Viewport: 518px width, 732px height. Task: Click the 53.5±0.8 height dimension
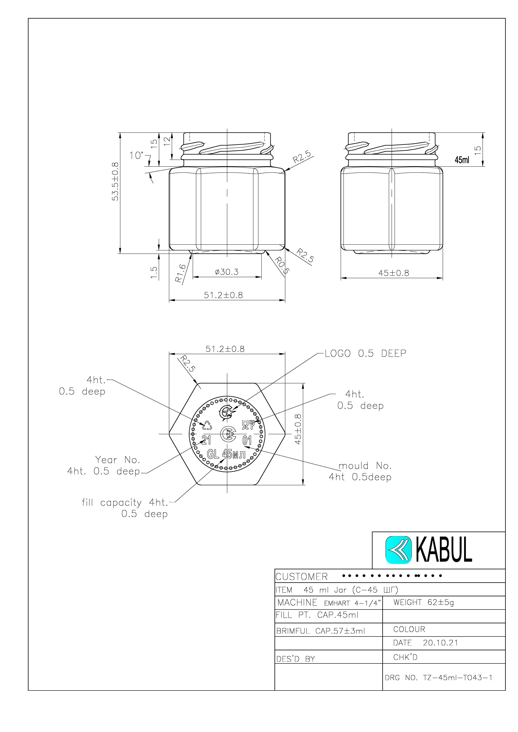click(115, 181)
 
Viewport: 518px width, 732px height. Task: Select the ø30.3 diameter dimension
click(227, 272)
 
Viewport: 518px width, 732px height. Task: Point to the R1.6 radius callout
click(181, 274)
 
